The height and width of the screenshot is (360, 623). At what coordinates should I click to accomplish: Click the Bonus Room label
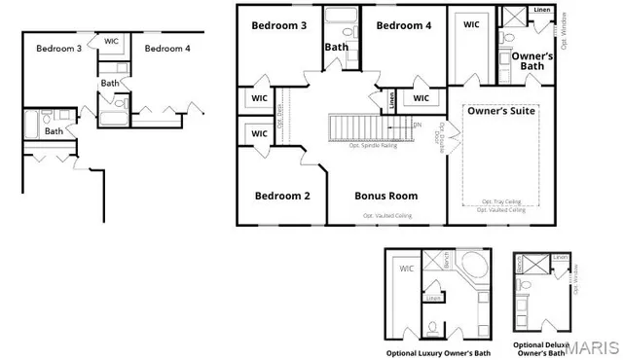tap(385, 196)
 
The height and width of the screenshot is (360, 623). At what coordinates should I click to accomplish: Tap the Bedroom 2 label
tap(282, 196)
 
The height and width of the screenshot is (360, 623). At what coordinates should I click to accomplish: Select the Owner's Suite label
tap(502, 111)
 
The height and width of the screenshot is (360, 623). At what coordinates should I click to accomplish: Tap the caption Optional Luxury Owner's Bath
tap(438, 352)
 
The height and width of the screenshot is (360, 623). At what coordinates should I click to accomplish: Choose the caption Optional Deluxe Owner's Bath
tap(542, 348)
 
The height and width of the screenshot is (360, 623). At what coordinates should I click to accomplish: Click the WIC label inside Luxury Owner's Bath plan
tap(406, 268)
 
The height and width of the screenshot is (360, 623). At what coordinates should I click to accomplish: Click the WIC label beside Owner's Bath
tap(471, 24)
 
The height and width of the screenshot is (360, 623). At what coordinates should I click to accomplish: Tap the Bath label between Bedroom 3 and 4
tap(337, 46)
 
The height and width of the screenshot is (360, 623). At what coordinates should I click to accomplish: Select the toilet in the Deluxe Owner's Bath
tap(525, 285)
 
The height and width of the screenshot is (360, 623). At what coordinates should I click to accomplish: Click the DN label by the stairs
tap(417, 125)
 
